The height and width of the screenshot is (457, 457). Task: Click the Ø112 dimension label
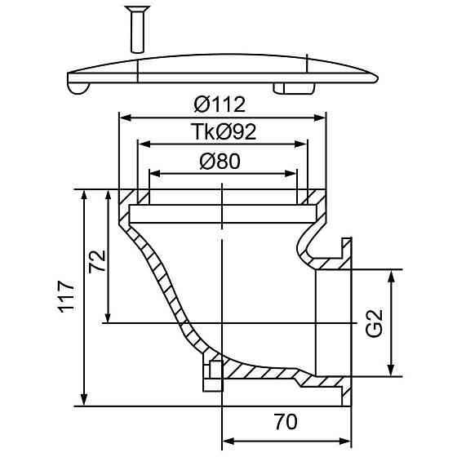pyautogui.click(x=220, y=104)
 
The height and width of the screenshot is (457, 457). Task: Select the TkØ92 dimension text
pyautogui.click(x=224, y=131)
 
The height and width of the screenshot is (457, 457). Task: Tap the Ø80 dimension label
pyautogui.click(x=220, y=162)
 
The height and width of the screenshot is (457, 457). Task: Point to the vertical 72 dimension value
pyautogui.click(x=97, y=261)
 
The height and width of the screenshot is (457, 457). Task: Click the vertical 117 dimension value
pyautogui.click(x=67, y=297)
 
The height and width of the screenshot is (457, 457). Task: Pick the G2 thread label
pyautogui.click(x=374, y=323)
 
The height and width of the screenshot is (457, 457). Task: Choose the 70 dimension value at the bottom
pyautogui.click(x=286, y=422)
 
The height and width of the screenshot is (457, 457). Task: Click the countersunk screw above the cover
pyautogui.click(x=137, y=29)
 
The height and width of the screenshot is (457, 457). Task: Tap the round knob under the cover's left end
pyautogui.click(x=78, y=89)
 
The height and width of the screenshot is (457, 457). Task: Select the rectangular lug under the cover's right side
pyautogui.click(x=294, y=88)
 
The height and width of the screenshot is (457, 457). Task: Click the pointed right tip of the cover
pyautogui.click(x=378, y=78)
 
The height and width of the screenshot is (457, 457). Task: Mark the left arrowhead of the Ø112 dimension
pyautogui.click(x=125, y=118)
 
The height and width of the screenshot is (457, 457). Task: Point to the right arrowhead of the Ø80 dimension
pyautogui.click(x=291, y=174)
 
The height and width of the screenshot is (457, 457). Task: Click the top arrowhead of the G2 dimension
pyautogui.click(x=392, y=276)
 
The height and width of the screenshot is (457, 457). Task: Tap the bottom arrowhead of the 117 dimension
pyautogui.click(x=84, y=400)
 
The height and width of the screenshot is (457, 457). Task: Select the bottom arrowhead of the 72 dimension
pyautogui.click(x=108, y=317)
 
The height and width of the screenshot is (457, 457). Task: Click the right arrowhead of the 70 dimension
pyautogui.click(x=345, y=441)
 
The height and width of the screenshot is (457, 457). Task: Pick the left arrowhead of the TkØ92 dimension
pyautogui.click(x=144, y=144)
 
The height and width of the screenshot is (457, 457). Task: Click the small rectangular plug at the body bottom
pyautogui.click(x=213, y=375)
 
